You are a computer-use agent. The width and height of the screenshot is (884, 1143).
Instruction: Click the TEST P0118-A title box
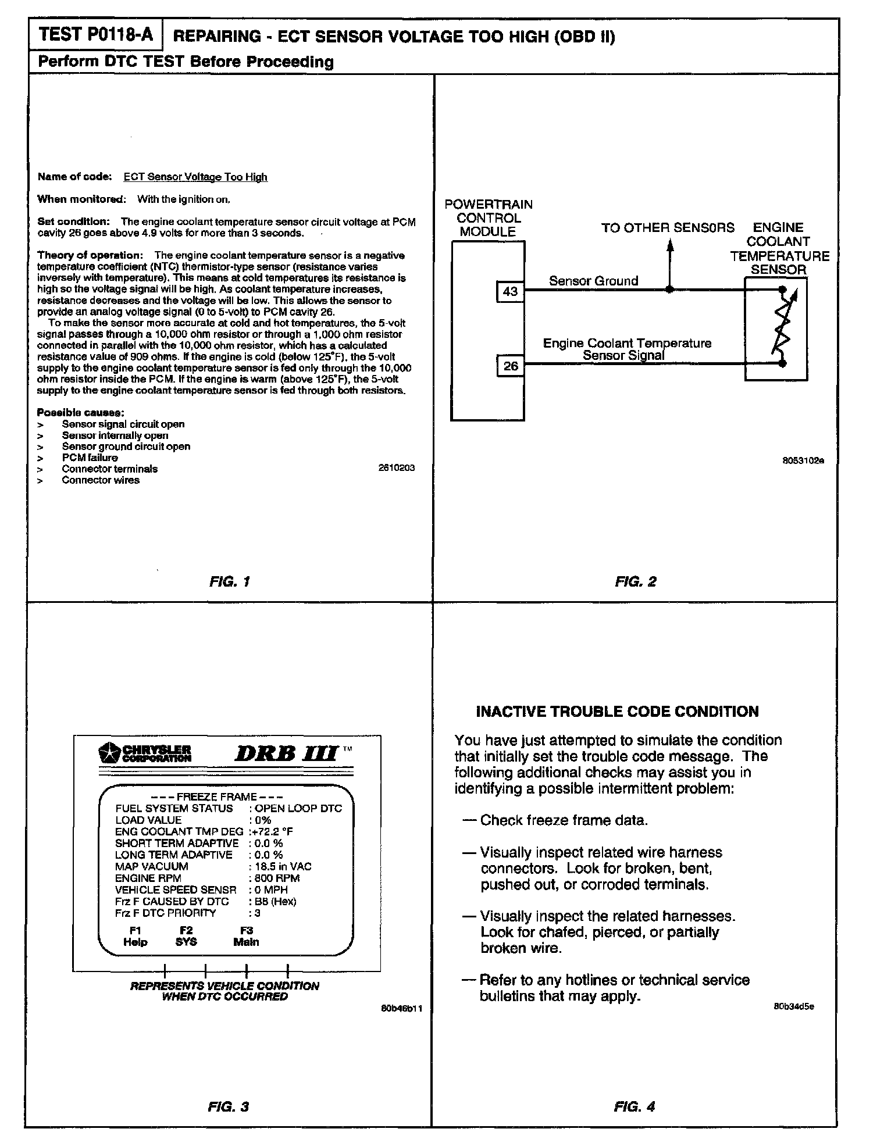tap(95, 35)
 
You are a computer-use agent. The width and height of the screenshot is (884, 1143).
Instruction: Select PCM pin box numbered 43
tap(510, 291)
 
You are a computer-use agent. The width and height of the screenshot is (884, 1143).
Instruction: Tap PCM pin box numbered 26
tap(510, 366)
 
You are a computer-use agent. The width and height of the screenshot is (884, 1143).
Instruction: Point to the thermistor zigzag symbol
tap(782, 326)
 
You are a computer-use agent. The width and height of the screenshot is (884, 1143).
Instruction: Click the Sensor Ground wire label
tap(593, 281)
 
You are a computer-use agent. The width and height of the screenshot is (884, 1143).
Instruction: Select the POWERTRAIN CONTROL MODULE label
tap(488, 218)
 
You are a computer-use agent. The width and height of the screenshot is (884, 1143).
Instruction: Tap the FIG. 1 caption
tap(229, 581)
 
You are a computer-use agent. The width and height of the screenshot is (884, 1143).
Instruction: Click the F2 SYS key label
tap(186, 937)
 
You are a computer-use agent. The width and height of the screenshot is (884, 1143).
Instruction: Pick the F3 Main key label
tap(246, 937)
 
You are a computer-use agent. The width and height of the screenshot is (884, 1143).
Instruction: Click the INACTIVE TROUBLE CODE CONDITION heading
tap(617, 712)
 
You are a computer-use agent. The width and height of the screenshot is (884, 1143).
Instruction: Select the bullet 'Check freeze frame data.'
tap(563, 820)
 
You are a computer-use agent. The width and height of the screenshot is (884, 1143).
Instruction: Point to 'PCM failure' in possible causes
tap(90, 458)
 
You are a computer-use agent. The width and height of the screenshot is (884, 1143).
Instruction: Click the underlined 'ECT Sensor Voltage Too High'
tap(195, 177)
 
